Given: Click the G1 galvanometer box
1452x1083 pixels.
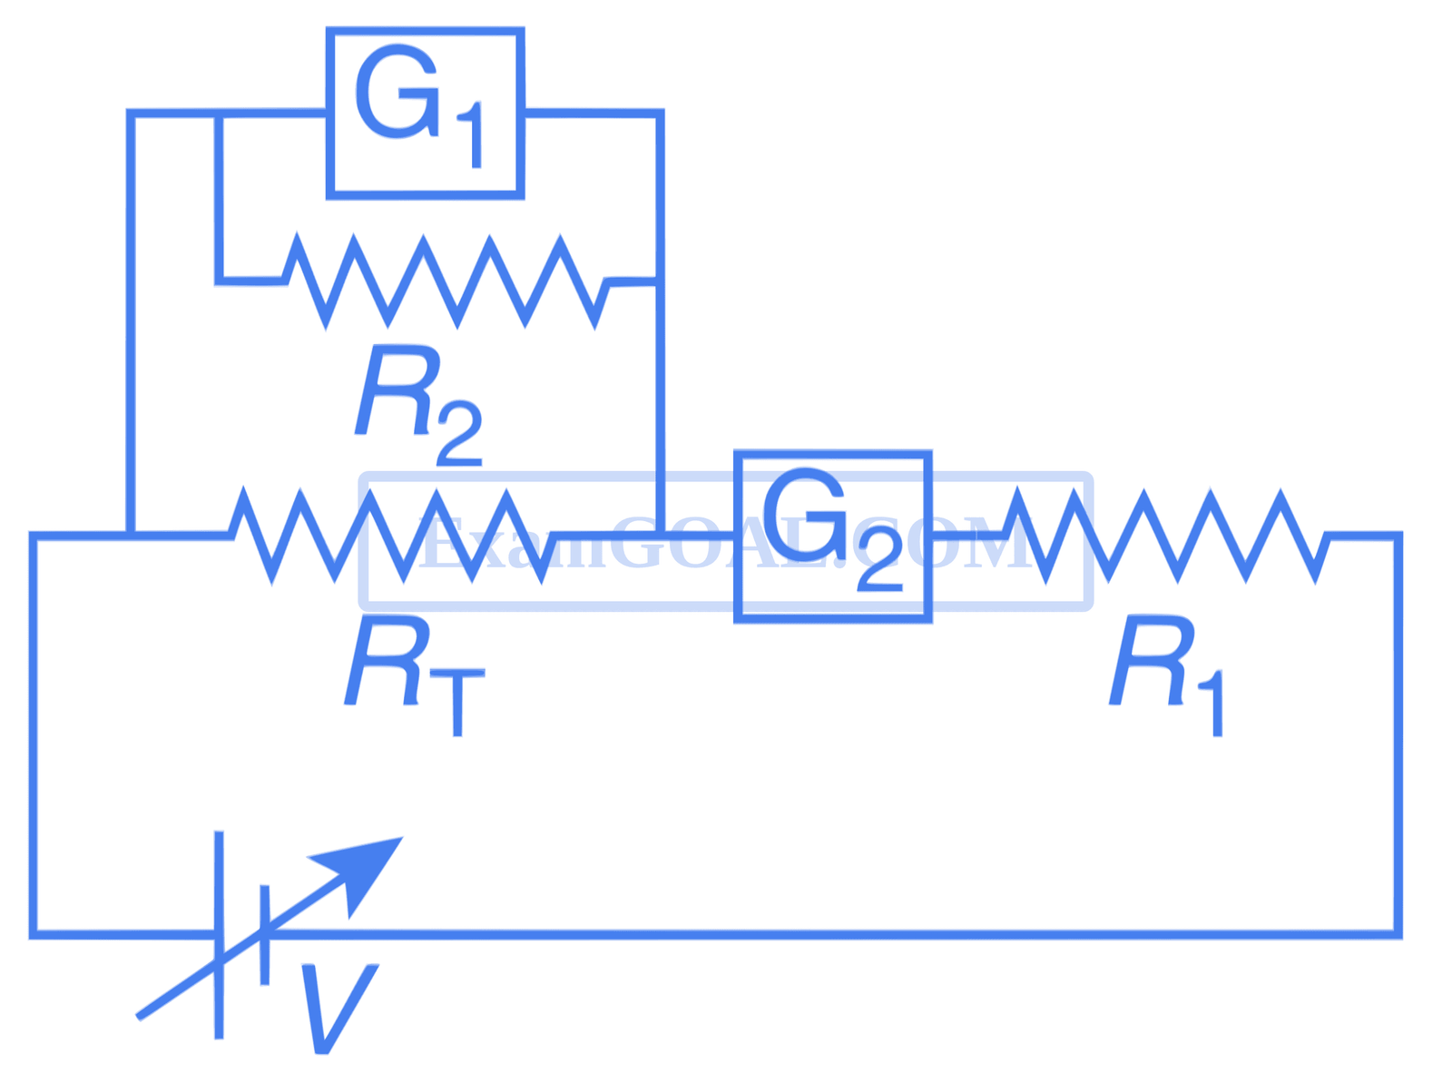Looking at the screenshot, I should (x=425, y=113).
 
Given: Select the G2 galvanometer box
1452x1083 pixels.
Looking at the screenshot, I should (x=831, y=537).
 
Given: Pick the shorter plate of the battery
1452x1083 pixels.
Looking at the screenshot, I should (x=263, y=935).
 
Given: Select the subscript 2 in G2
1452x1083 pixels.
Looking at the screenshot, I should (x=878, y=567).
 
